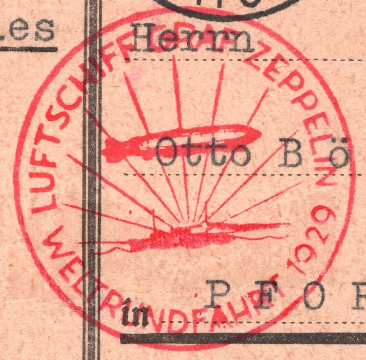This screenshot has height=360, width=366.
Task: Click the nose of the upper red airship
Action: [x=258, y=134]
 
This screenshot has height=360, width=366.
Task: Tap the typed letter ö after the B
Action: [x=339, y=155]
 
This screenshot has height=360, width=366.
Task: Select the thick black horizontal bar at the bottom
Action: [x=244, y=338]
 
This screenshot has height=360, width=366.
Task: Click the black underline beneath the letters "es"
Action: [x=29, y=49]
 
